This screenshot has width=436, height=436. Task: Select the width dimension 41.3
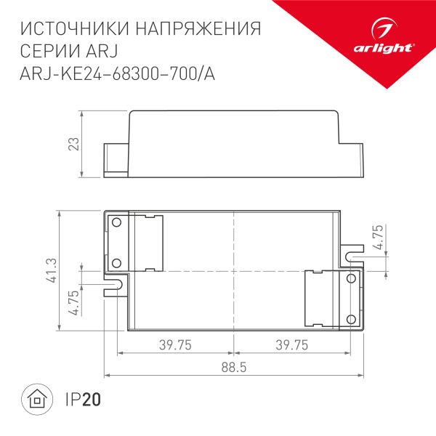49,270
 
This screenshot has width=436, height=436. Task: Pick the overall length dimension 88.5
234,368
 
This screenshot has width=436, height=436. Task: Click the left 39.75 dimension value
174,346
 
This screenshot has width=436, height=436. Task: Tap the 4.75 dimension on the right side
376,238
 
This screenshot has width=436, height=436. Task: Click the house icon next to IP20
35,399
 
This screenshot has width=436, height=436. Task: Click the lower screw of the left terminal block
115,263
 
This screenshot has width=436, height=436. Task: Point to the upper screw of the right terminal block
351,279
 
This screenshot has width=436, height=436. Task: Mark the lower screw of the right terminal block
351,318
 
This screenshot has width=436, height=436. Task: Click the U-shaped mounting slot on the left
114,283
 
